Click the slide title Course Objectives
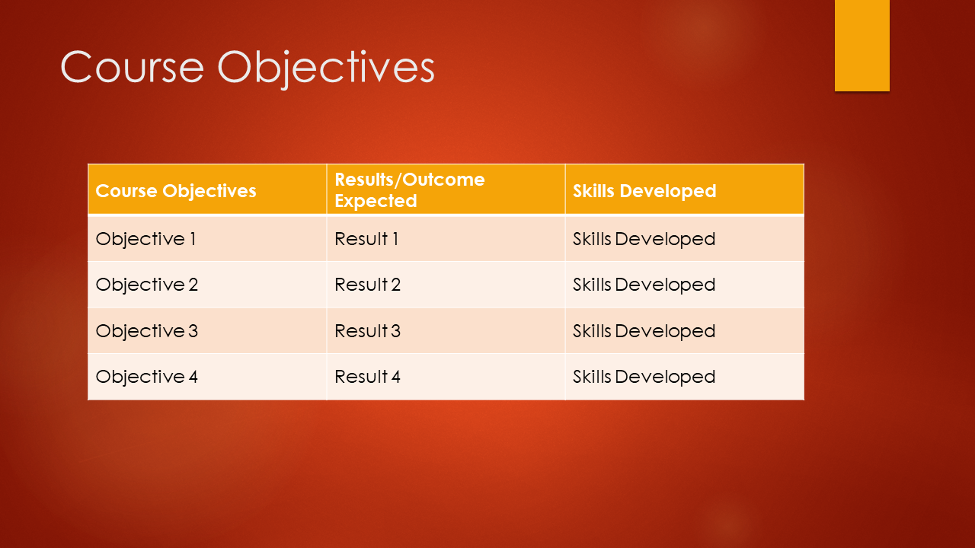pos(248,68)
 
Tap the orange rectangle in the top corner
pos(862,45)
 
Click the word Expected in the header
pos(376,201)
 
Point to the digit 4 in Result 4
pos(395,377)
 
